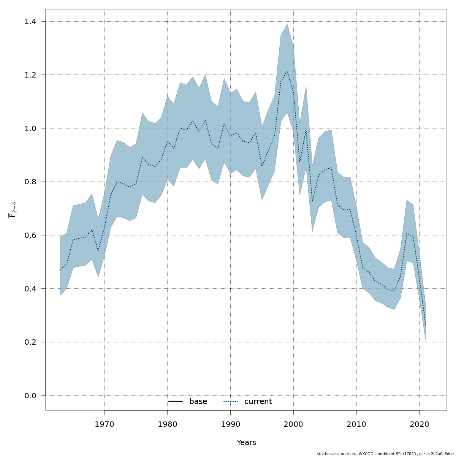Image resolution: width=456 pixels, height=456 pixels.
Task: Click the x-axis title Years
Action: click(x=246, y=443)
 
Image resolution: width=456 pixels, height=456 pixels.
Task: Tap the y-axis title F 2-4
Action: click(x=13, y=210)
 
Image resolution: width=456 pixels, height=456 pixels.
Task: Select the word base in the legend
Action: click(x=198, y=402)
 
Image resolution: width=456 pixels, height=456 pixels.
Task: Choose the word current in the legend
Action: click(x=258, y=402)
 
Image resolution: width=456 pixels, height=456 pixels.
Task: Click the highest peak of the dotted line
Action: click(x=287, y=71)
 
